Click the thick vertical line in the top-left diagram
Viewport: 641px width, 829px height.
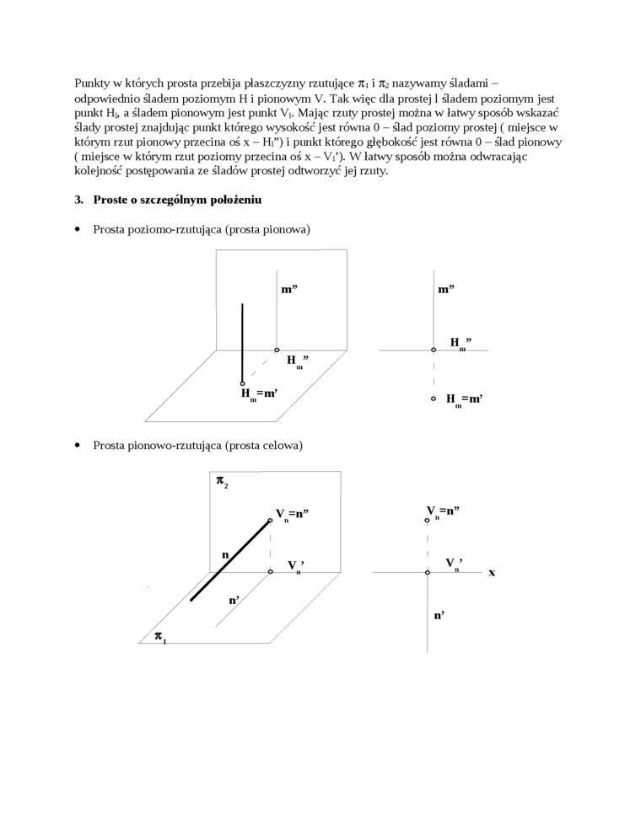click(243, 341)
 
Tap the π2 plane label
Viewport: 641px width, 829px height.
click(222, 482)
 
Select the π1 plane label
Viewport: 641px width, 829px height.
click(159, 638)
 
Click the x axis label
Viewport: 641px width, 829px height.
click(492, 572)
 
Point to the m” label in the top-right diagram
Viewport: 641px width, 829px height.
click(446, 289)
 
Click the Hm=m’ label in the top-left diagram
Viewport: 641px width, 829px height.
click(260, 394)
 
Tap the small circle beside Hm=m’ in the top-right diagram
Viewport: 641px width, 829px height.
click(434, 398)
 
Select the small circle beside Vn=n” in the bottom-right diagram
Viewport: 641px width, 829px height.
click(428, 521)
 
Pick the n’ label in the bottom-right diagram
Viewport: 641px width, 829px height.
click(439, 615)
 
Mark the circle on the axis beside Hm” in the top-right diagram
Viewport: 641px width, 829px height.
click(434, 350)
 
